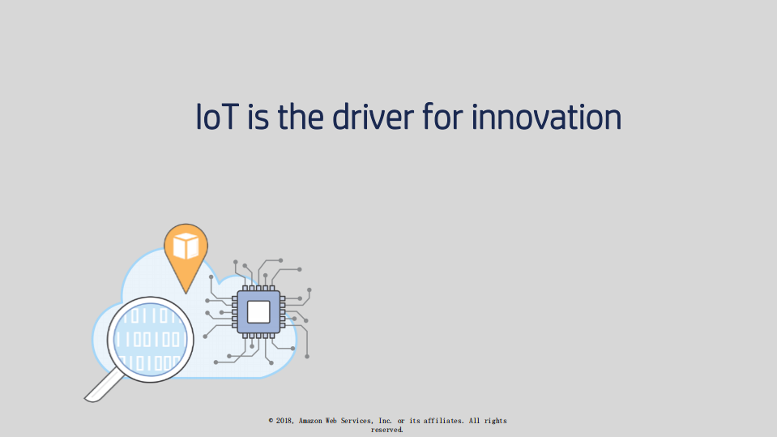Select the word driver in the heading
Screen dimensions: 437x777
374,118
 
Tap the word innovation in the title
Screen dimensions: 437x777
546,118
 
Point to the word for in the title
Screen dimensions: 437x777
444,118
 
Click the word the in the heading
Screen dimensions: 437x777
301,118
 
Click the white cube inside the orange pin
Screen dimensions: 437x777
186,246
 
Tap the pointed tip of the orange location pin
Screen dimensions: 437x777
186,291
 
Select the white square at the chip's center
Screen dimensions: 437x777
258,311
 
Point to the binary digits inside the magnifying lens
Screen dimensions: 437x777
152,338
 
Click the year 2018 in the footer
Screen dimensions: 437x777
284,421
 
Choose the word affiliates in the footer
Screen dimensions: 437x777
444,421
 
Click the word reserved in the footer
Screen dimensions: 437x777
387,430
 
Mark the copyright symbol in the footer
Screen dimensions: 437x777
271,421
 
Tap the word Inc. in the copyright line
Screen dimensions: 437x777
385,421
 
